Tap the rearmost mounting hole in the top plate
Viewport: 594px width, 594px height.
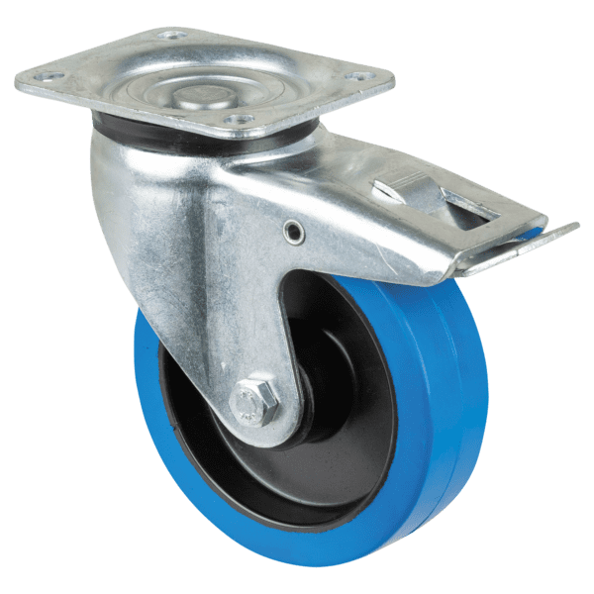(x=175, y=36)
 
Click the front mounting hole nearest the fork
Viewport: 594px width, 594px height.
(x=235, y=121)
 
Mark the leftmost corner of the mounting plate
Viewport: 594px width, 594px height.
(x=16, y=77)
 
